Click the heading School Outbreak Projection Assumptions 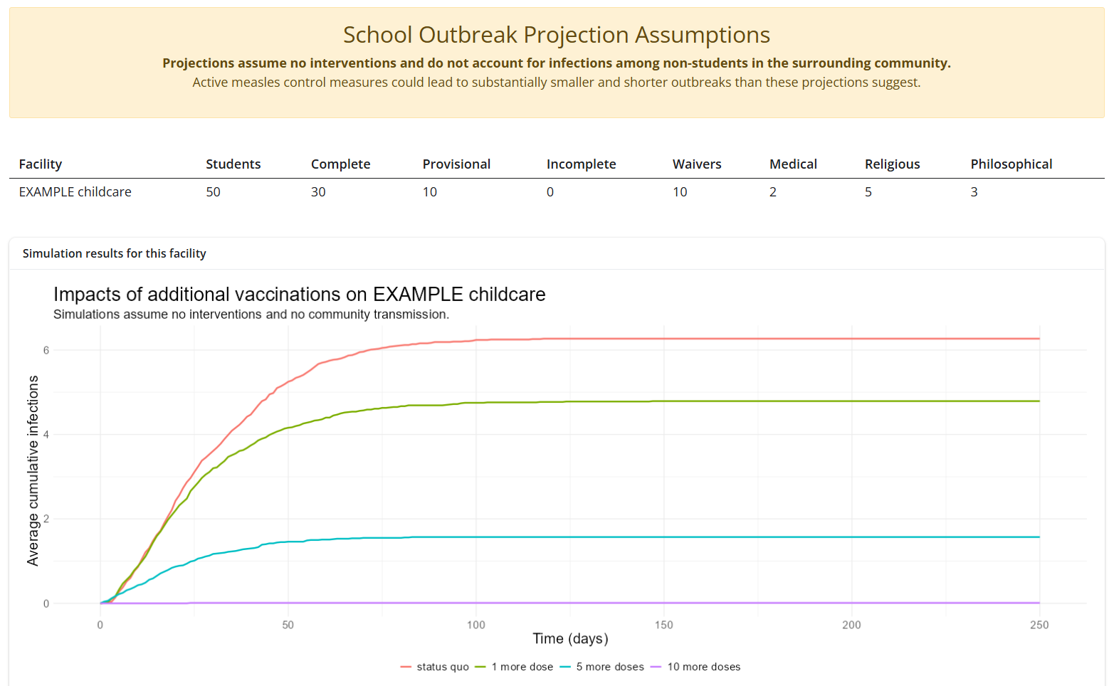(556, 35)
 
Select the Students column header (233, 164)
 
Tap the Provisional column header (456, 164)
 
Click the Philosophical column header (1011, 164)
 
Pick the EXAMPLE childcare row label (75, 192)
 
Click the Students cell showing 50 (213, 192)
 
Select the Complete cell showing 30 (318, 192)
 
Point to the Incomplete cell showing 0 (550, 192)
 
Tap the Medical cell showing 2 (773, 192)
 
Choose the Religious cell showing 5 (868, 192)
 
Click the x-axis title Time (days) (570, 638)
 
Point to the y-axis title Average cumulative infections (33, 471)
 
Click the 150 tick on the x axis (663, 625)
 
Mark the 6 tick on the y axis (46, 350)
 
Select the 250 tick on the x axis (1039, 625)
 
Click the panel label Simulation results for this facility (114, 253)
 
